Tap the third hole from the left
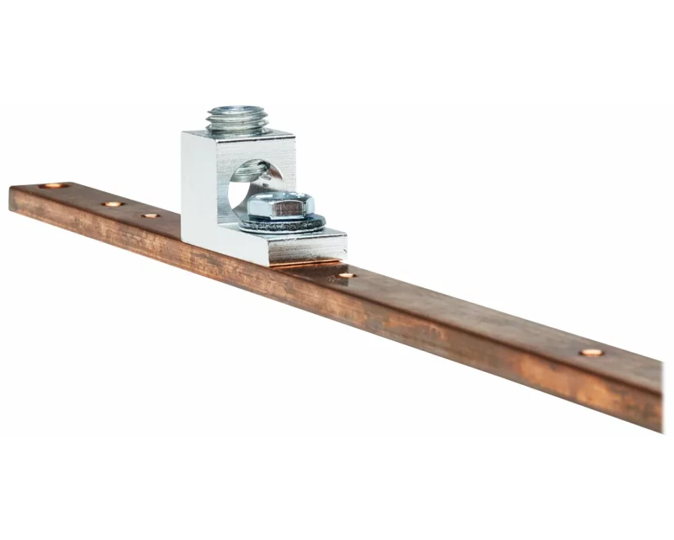point(150,216)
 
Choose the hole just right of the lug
point(347,275)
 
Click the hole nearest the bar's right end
point(591,352)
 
